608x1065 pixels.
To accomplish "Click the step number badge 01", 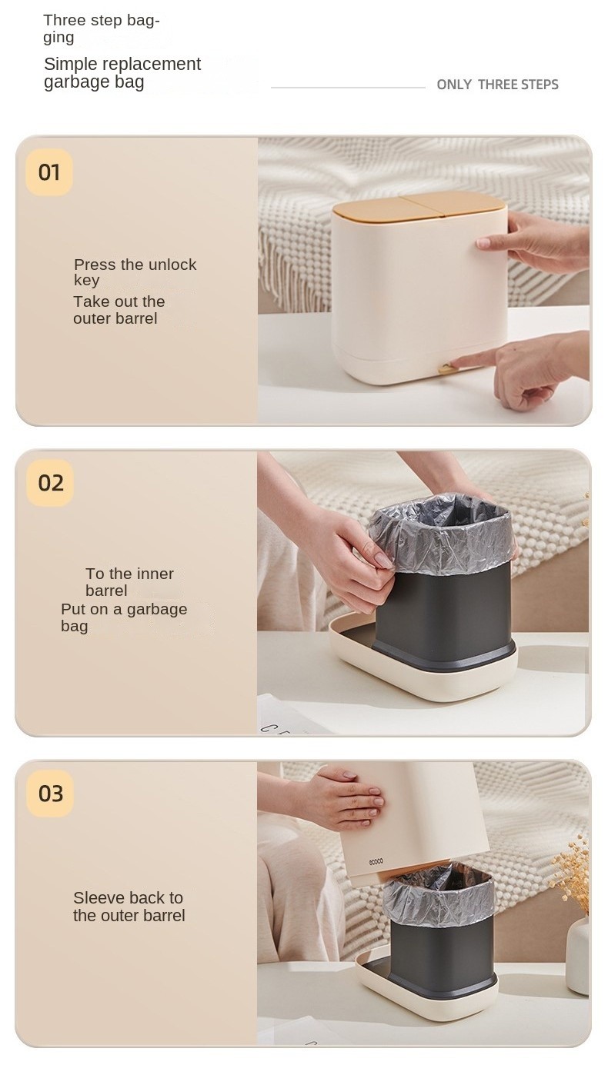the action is click(49, 172).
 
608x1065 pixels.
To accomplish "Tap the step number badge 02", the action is click(50, 483).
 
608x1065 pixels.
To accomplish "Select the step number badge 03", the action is click(50, 794).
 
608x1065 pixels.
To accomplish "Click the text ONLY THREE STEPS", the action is click(497, 85).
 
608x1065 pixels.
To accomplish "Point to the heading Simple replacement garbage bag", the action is click(122, 73).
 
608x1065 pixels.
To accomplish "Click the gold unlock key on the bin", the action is click(446, 368).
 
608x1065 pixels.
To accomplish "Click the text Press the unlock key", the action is click(135, 271).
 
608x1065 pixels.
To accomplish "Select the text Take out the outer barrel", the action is click(119, 310).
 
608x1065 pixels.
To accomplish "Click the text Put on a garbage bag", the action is click(124, 617).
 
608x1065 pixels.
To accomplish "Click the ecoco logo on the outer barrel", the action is click(376, 862).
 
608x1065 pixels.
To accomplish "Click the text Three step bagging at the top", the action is click(102, 28).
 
